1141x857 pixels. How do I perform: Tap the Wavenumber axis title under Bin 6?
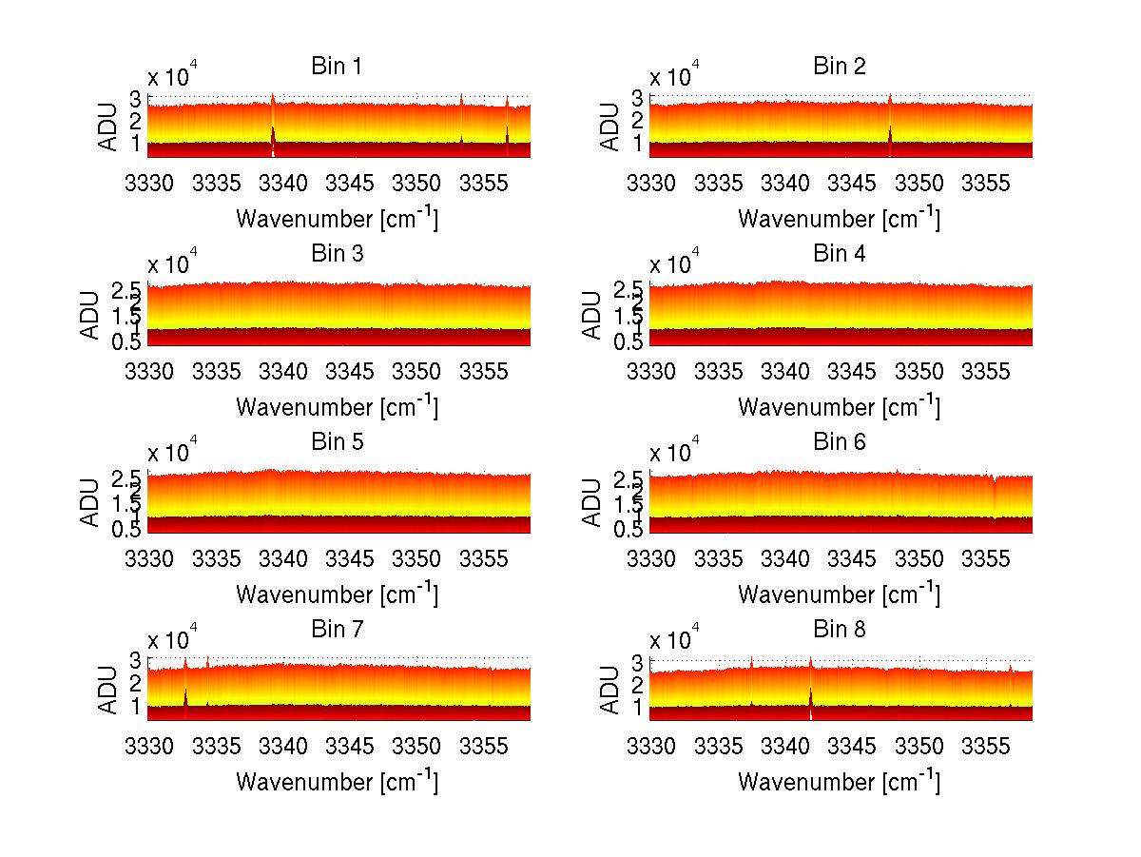click(838, 594)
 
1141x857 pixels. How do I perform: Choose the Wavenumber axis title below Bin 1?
click(336, 219)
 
